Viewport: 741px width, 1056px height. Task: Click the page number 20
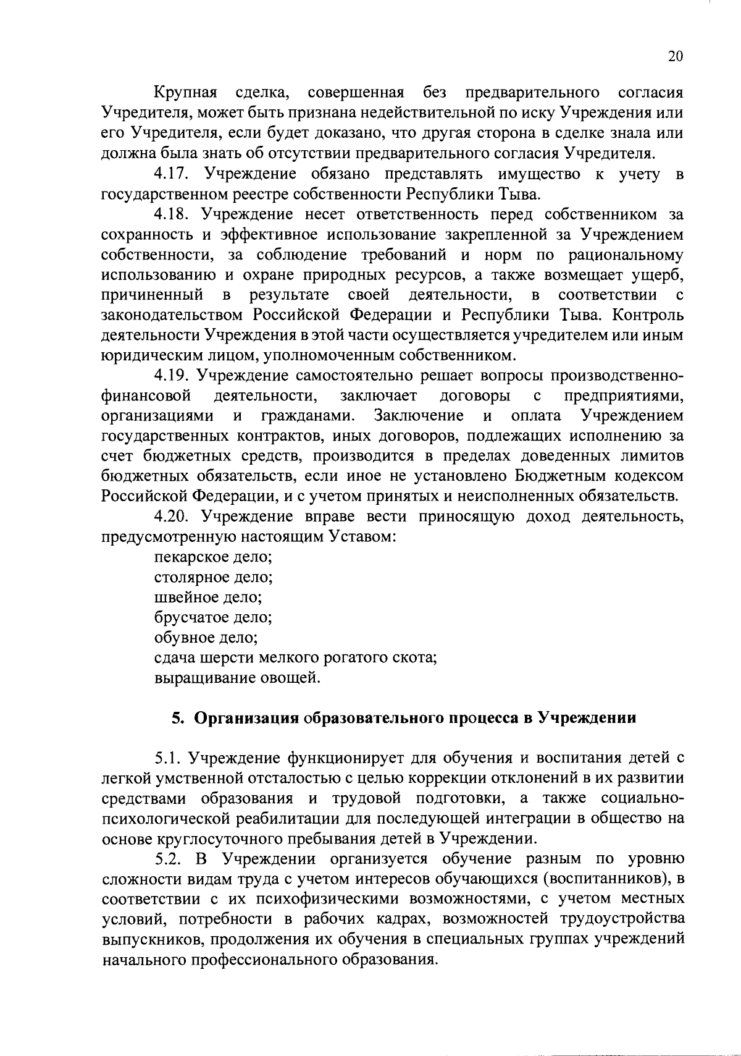(676, 56)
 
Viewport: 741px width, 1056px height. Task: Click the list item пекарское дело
(214, 557)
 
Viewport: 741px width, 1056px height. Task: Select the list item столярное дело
(214, 577)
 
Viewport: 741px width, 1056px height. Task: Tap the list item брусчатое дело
(214, 617)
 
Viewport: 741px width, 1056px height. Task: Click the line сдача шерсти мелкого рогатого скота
(296, 657)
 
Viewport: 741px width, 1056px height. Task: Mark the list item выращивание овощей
(238, 678)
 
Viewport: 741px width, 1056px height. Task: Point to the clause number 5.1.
(168, 758)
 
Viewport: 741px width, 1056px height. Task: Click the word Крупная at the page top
(186, 93)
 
